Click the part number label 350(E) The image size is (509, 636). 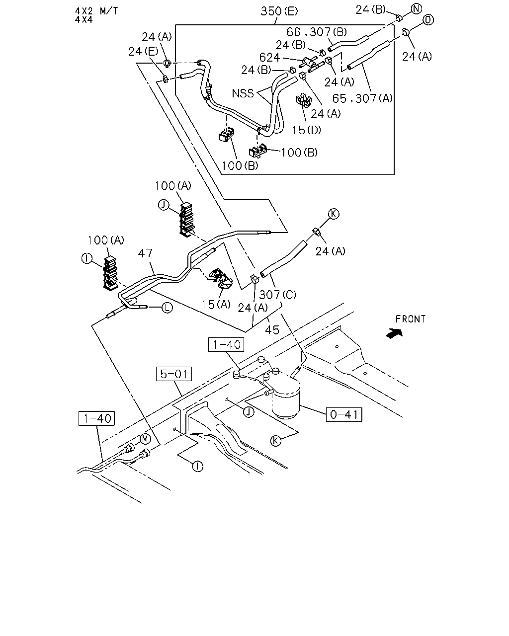(279, 11)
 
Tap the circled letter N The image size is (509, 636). (416, 9)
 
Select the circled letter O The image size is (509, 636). (428, 20)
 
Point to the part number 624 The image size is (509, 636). (269, 57)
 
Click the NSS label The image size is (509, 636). (243, 93)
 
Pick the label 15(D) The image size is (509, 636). (306, 130)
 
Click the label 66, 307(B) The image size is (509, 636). (317, 32)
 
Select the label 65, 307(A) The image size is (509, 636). (362, 98)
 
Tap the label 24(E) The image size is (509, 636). (143, 51)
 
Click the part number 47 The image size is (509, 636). (145, 253)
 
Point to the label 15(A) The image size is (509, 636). (216, 305)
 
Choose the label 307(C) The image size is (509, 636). (277, 295)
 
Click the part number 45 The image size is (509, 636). (272, 330)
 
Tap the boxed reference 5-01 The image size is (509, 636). (174, 374)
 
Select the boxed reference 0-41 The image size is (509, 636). (344, 414)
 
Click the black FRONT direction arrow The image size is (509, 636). (395, 333)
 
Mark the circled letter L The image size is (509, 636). (167, 308)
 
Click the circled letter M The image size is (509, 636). (145, 439)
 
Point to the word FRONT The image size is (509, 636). (411, 319)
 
